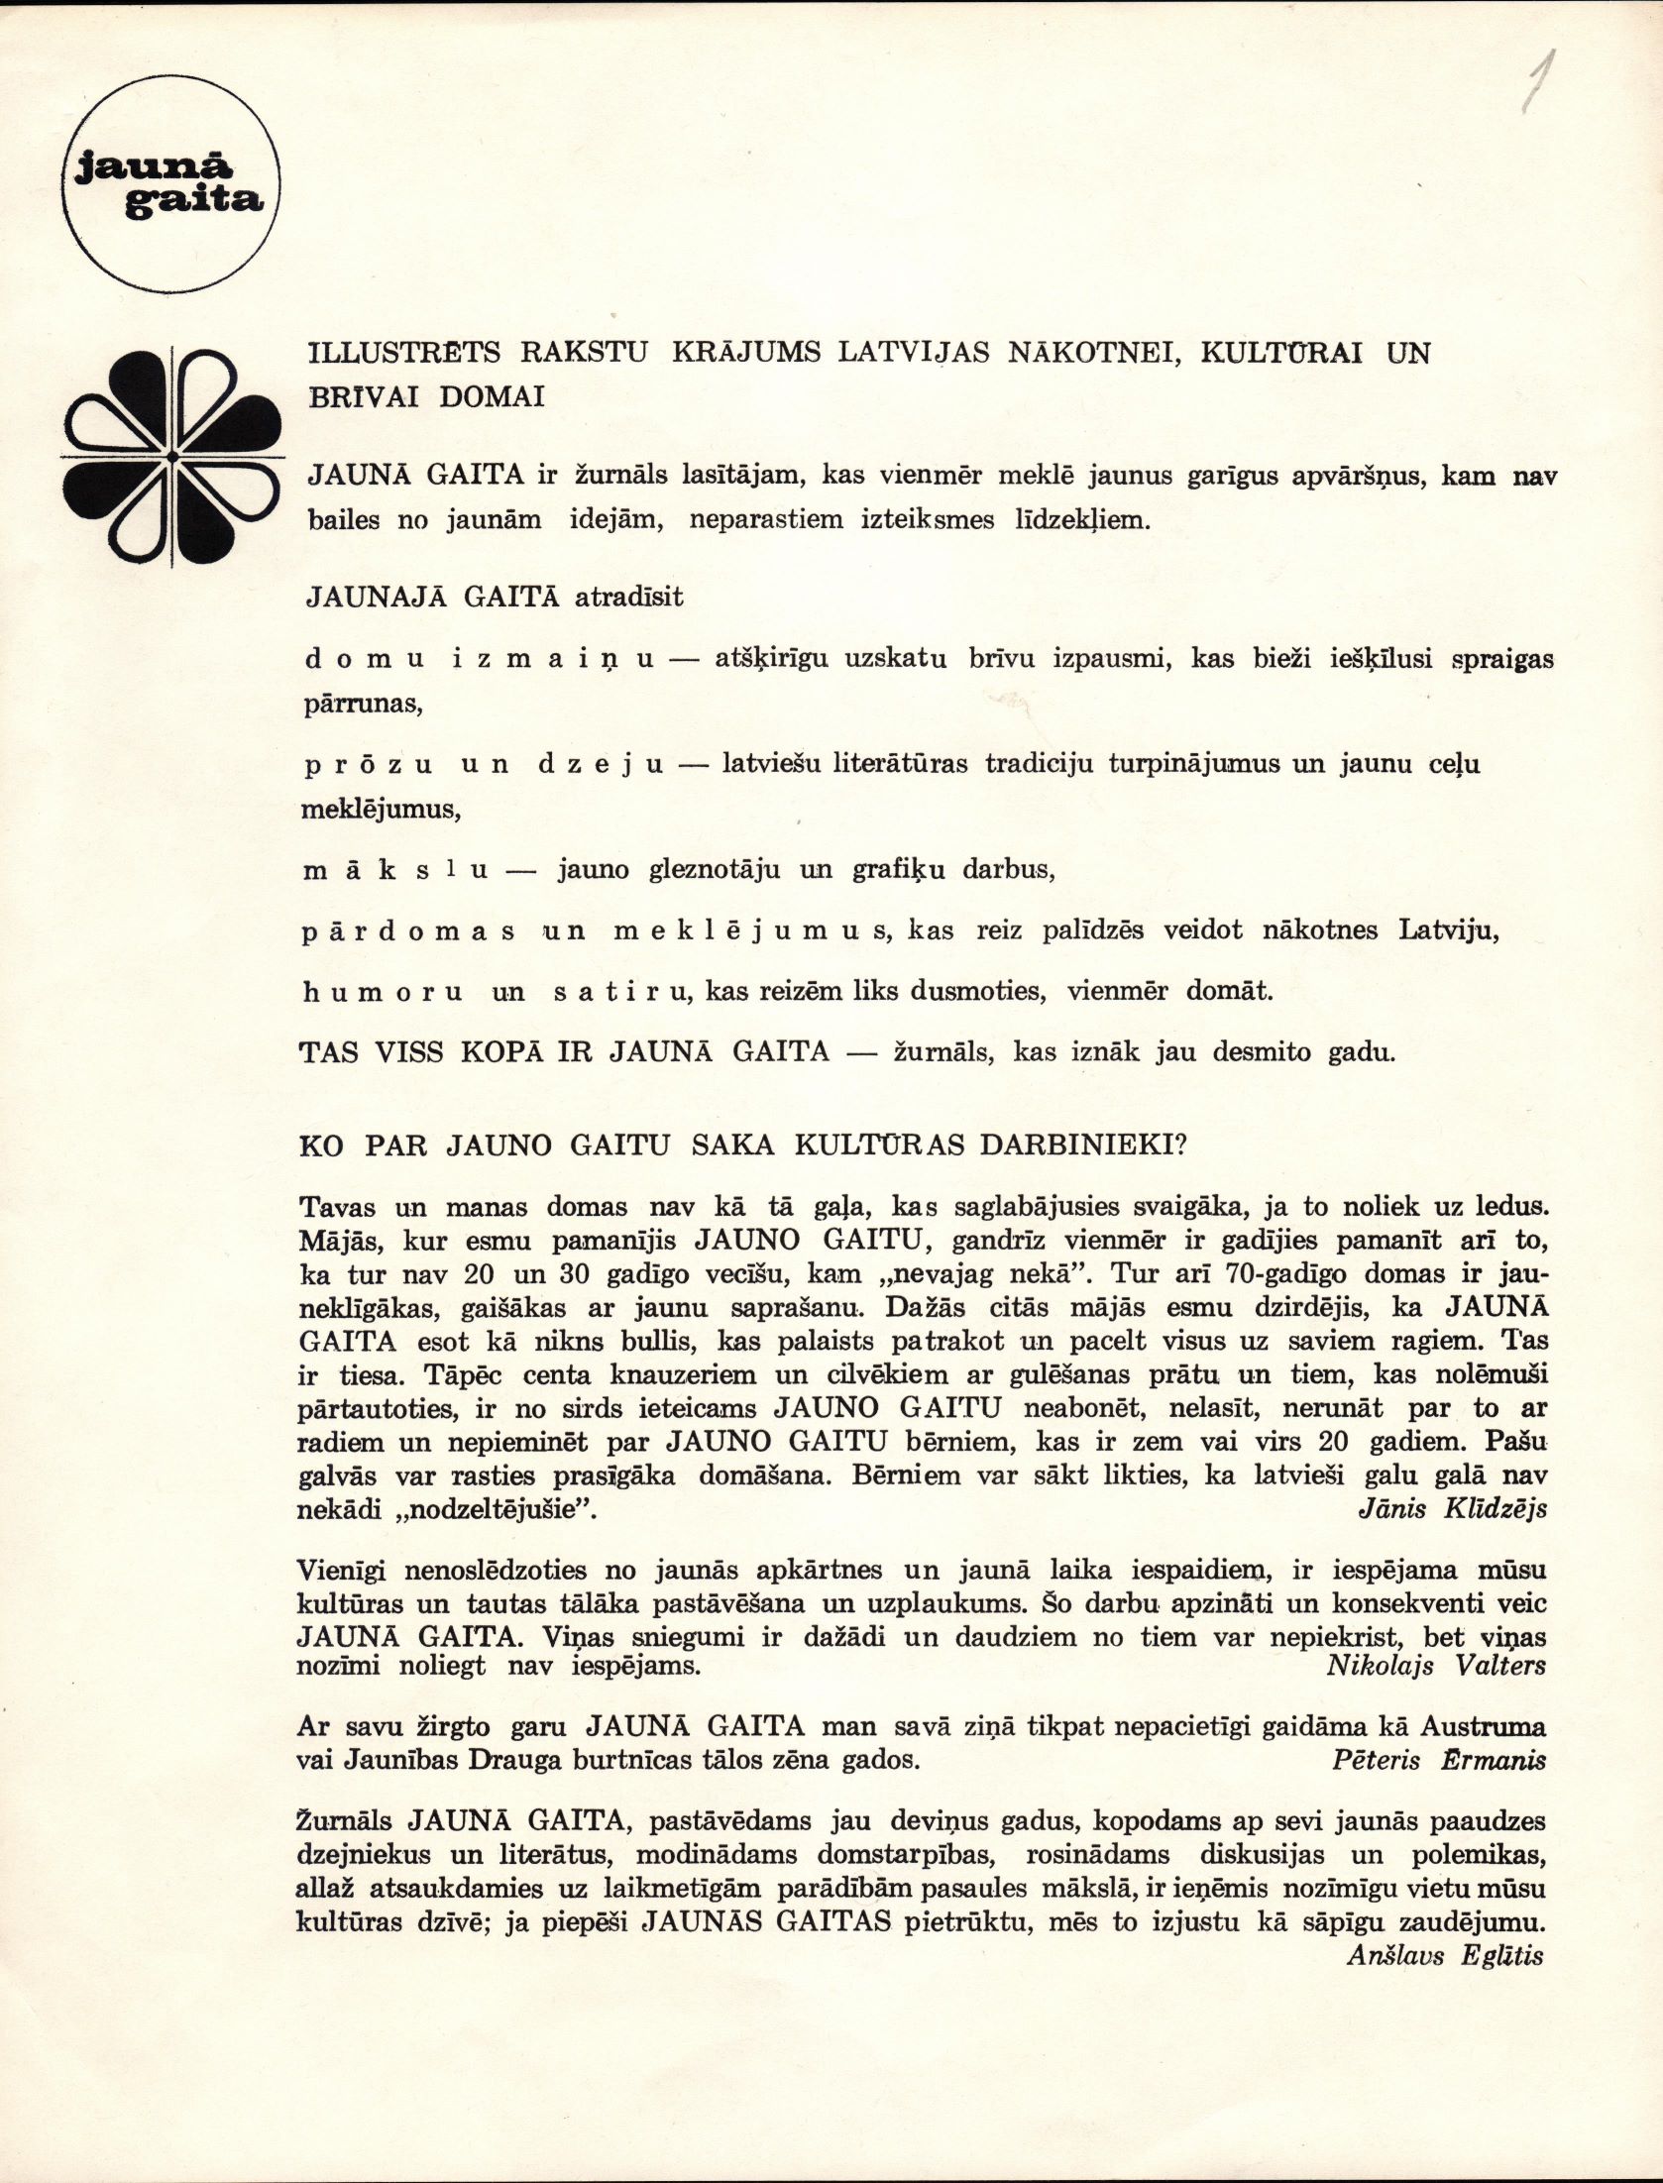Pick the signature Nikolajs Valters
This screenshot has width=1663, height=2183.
[1436, 1665]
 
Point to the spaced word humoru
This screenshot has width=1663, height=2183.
[383, 993]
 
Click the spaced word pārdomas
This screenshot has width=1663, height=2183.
[407, 932]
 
